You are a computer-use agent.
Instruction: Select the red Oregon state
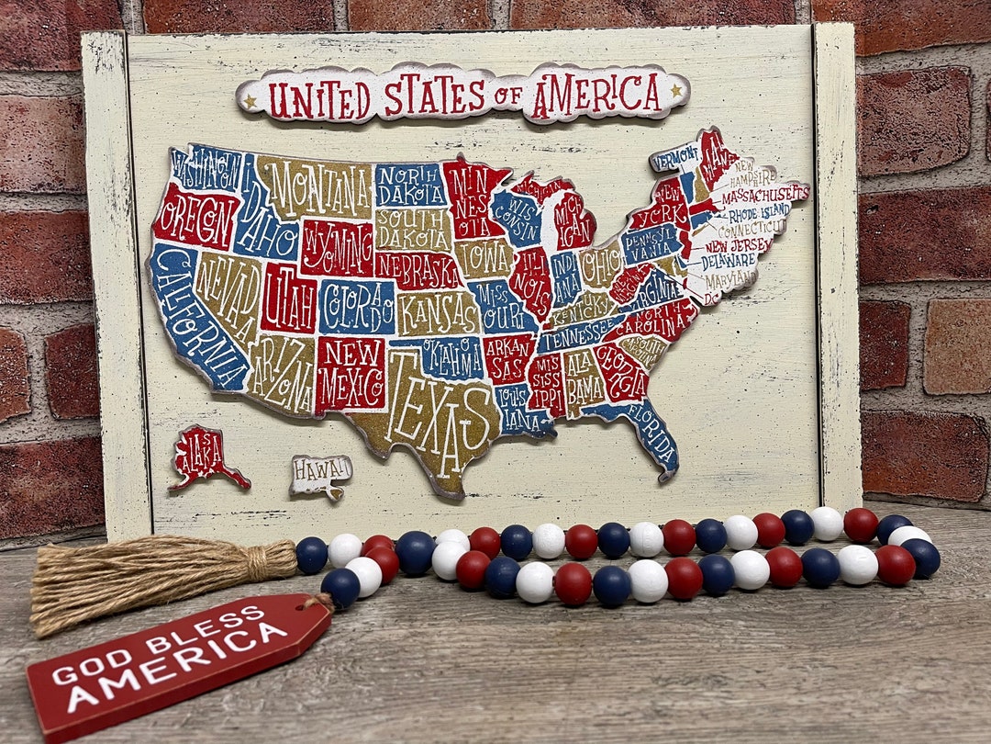(x=195, y=217)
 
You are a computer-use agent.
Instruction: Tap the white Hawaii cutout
(x=320, y=472)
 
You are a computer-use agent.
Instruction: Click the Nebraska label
(x=418, y=270)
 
